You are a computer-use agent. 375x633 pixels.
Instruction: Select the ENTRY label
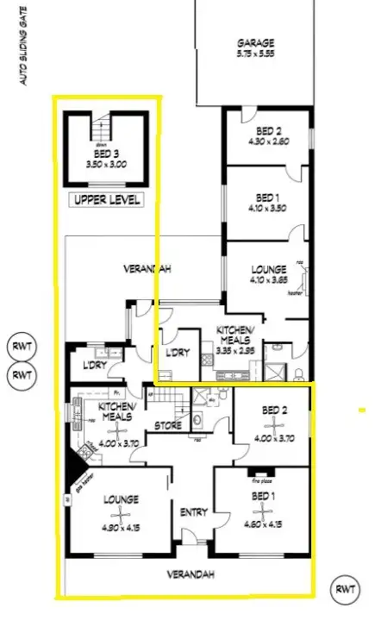[192, 512]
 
